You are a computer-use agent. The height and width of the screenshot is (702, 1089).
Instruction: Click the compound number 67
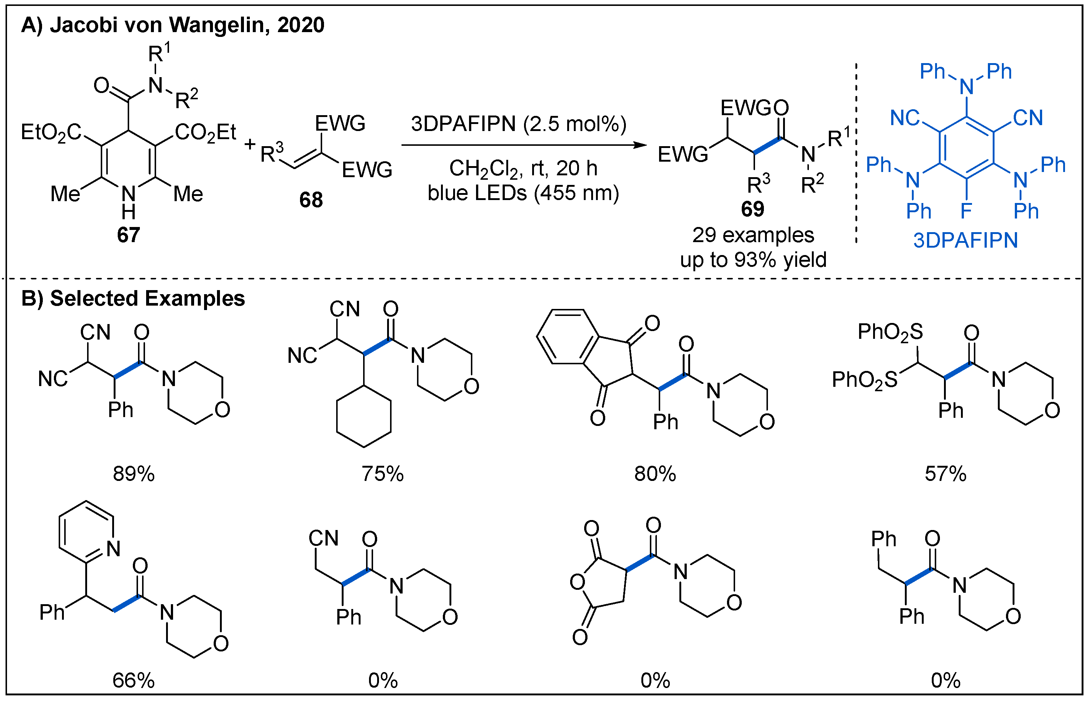click(x=128, y=235)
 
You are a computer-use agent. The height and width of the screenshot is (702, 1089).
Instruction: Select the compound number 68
click(x=311, y=200)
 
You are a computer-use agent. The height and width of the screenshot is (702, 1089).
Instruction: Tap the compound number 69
click(x=752, y=209)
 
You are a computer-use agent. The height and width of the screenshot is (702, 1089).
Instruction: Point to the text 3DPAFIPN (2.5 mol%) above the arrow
click(x=518, y=124)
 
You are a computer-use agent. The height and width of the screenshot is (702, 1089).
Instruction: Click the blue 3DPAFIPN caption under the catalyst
click(x=965, y=241)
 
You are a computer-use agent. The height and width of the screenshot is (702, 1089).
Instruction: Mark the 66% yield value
click(x=134, y=681)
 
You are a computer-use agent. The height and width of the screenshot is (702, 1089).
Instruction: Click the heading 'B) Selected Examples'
click(x=133, y=299)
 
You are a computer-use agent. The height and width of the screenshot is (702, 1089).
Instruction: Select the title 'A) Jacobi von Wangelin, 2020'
click(x=173, y=25)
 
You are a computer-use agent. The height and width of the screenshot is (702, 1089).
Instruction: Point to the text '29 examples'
click(x=753, y=235)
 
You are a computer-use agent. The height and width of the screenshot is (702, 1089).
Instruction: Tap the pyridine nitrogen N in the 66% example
click(x=113, y=548)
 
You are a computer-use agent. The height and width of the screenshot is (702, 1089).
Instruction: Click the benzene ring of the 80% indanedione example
click(x=567, y=337)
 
